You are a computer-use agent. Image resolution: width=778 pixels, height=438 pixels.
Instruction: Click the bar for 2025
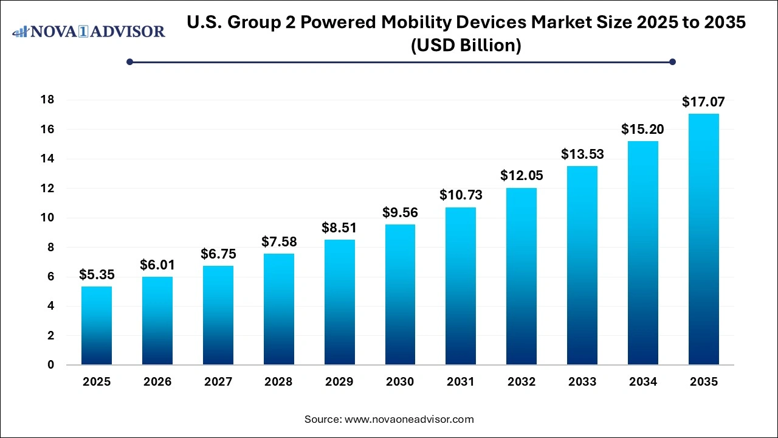click(97, 325)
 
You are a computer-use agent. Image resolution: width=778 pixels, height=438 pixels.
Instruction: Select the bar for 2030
click(400, 294)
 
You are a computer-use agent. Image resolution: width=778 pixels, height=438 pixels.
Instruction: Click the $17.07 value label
click(703, 102)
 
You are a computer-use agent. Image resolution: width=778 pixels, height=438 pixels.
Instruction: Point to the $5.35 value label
click(97, 275)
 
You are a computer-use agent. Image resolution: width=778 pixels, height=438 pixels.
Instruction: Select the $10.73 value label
click(461, 195)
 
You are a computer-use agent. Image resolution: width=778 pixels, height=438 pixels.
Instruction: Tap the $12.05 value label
click(522, 176)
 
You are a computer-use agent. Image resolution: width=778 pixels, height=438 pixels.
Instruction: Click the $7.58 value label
click(278, 242)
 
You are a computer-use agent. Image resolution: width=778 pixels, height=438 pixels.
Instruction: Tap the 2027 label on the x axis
click(218, 382)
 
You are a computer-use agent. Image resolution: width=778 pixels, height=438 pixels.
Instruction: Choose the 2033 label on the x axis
click(582, 382)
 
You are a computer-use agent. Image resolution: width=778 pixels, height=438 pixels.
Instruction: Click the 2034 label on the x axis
click(643, 382)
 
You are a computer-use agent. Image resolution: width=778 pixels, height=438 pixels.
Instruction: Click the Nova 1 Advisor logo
click(89, 31)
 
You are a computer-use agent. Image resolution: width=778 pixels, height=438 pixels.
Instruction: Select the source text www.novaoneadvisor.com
click(409, 419)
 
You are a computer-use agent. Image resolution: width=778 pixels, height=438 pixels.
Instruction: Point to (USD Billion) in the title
click(466, 46)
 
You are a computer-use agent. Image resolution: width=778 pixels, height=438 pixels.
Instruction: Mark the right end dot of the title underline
click(672, 61)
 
